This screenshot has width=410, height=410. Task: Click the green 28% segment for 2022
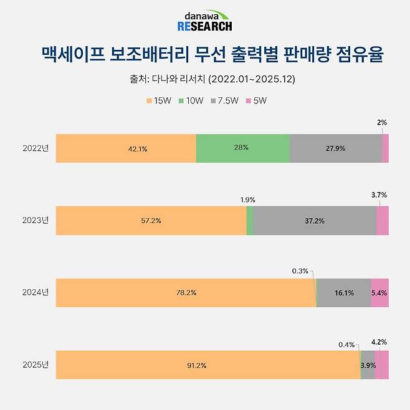click(242, 148)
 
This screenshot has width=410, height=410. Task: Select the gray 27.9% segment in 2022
click(335, 148)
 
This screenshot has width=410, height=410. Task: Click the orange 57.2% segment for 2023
click(151, 221)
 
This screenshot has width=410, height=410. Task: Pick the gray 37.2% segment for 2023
click(315, 221)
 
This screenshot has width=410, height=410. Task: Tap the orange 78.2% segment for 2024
click(186, 293)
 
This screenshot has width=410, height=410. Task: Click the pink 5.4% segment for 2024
click(379, 293)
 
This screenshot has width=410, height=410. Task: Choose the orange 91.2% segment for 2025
click(207, 365)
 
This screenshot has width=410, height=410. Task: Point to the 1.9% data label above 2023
click(247, 199)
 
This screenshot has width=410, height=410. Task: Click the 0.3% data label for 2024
click(300, 271)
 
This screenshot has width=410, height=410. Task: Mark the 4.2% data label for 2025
click(379, 341)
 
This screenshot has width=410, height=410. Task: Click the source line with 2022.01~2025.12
click(204, 80)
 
